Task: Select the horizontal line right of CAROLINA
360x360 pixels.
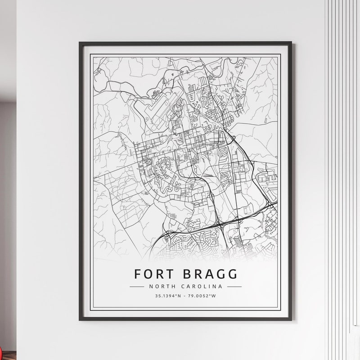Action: [x=234, y=286]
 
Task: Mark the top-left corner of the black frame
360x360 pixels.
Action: [x=80, y=43]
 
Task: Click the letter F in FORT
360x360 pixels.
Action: [x=138, y=274]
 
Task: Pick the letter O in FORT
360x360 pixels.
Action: [x=148, y=274]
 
